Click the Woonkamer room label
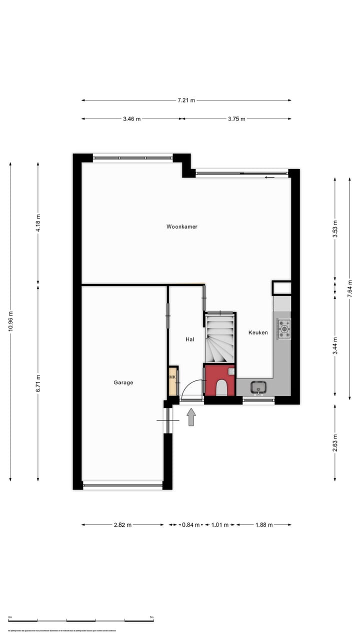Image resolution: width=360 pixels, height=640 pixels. coord(182,226)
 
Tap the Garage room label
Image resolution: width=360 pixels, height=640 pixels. coord(123,382)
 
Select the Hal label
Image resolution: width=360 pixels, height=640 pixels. coord(189,339)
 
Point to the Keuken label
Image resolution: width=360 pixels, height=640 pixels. coord(258,332)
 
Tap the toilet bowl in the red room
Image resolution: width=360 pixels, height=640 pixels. coord(221,387)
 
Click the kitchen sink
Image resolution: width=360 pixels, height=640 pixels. coord(258,386)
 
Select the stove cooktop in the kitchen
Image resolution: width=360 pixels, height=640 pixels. coord(284,328)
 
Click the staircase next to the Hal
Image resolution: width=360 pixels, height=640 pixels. coord(219,337)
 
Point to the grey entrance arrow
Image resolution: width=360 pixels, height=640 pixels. coord(191,417)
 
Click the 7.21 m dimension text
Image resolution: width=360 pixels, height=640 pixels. coord(186,100)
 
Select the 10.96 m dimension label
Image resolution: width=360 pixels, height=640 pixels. coord(10,321)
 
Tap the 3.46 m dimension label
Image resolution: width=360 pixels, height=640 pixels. coord(131,119)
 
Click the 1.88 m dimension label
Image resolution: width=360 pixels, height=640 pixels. coord(263,525)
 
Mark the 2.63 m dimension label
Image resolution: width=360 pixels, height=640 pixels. coord(335,442)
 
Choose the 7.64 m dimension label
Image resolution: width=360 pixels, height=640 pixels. coord(349,288)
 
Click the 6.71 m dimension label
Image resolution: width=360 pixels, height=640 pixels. coord(38,383)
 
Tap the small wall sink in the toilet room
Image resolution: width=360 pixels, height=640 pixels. coord(230,371)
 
